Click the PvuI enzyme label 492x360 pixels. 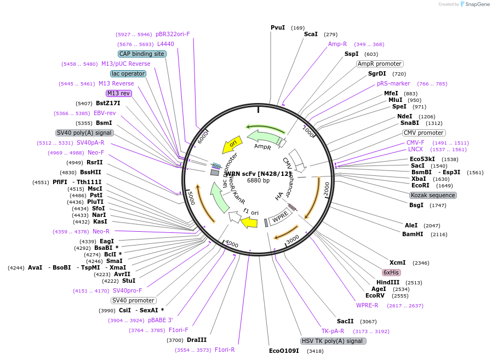click(278, 27)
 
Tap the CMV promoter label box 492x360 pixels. click(424, 133)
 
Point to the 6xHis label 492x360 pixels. click(391, 272)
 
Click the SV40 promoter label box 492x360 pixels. click(133, 300)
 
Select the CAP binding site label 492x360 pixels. click(142, 54)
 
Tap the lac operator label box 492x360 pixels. click(128, 73)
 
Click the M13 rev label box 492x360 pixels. click(119, 93)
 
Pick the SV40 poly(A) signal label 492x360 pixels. click(84, 133)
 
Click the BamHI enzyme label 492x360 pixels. click(413, 234)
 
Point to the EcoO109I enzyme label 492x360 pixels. click(284, 350)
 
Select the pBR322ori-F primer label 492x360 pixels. click(173, 34)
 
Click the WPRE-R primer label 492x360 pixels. click(367, 305)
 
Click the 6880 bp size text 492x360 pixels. click(258, 180)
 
